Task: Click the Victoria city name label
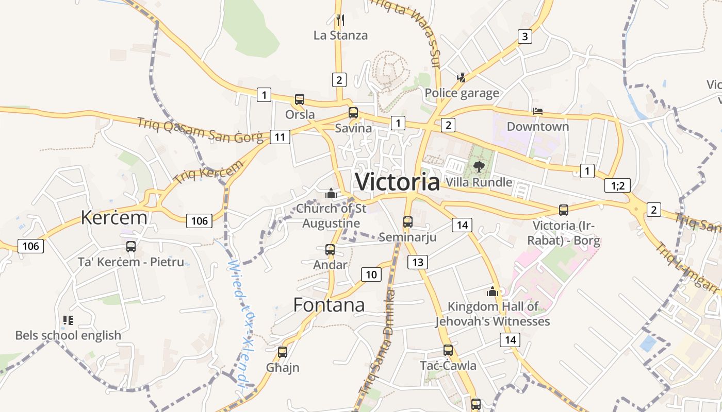[x=398, y=182]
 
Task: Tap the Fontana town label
[x=329, y=305]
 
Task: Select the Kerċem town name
[x=114, y=218]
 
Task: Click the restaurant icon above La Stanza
[x=340, y=20]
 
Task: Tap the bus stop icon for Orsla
[x=299, y=99]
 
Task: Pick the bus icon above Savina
[x=353, y=113]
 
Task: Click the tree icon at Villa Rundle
[x=479, y=166]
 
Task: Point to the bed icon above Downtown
[x=537, y=111]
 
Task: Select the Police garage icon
[x=462, y=78]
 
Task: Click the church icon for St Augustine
[x=331, y=193]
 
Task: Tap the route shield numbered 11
[x=280, y=137]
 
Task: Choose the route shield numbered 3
[x=524, y=37]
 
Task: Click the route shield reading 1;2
[x=617, y=185]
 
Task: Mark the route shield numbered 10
[x=371, y=274]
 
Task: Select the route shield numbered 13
[x=418, y=262]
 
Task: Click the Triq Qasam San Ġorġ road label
[x=200, y=130]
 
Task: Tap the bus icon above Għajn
[x=283, y=352]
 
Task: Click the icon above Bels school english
[x=68, y=320]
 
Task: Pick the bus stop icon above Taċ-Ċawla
[x=448, y=350]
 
